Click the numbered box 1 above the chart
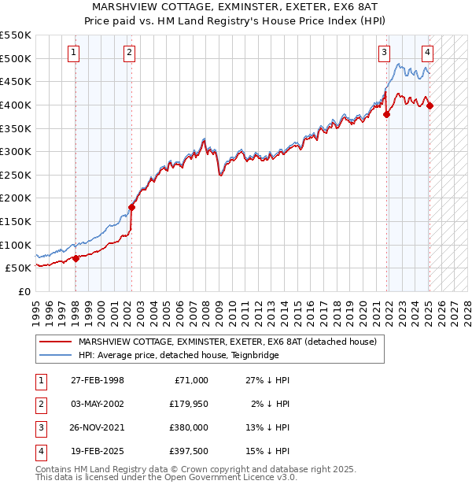73,53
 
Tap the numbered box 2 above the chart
129,53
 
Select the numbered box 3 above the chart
384,53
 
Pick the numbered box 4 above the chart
427,53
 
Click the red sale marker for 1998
76,258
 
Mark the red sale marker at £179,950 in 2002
131,208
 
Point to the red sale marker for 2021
387,114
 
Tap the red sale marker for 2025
430,106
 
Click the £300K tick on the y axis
17,151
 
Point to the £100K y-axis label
17,245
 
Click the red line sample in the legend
54,342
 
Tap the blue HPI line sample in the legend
54,355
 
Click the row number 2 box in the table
39,404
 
